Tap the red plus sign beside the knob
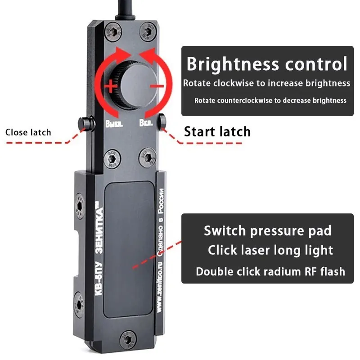110,87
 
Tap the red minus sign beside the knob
156,85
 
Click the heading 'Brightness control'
267,64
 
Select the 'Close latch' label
28,132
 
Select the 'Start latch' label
217,131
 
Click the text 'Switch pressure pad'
267,231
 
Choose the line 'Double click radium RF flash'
270,271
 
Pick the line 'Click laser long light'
270,251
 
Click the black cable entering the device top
127,9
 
